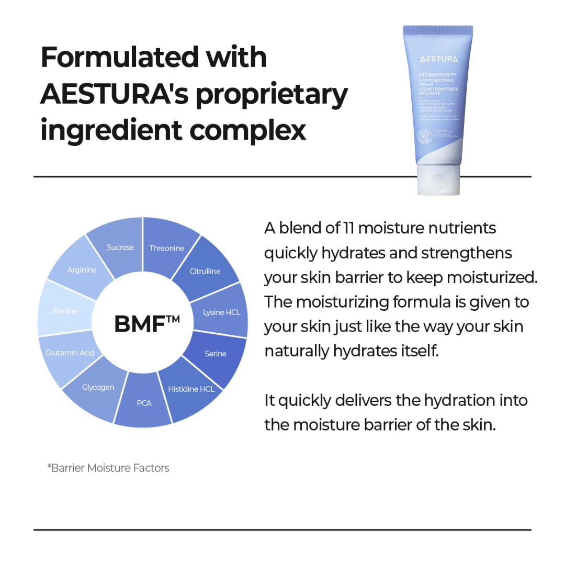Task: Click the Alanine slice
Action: (64, 311)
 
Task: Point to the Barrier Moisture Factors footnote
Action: (108, 468)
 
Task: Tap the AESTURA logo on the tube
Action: (438, 59)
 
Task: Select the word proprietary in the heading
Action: (268, 95)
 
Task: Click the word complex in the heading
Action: (247, 130)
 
